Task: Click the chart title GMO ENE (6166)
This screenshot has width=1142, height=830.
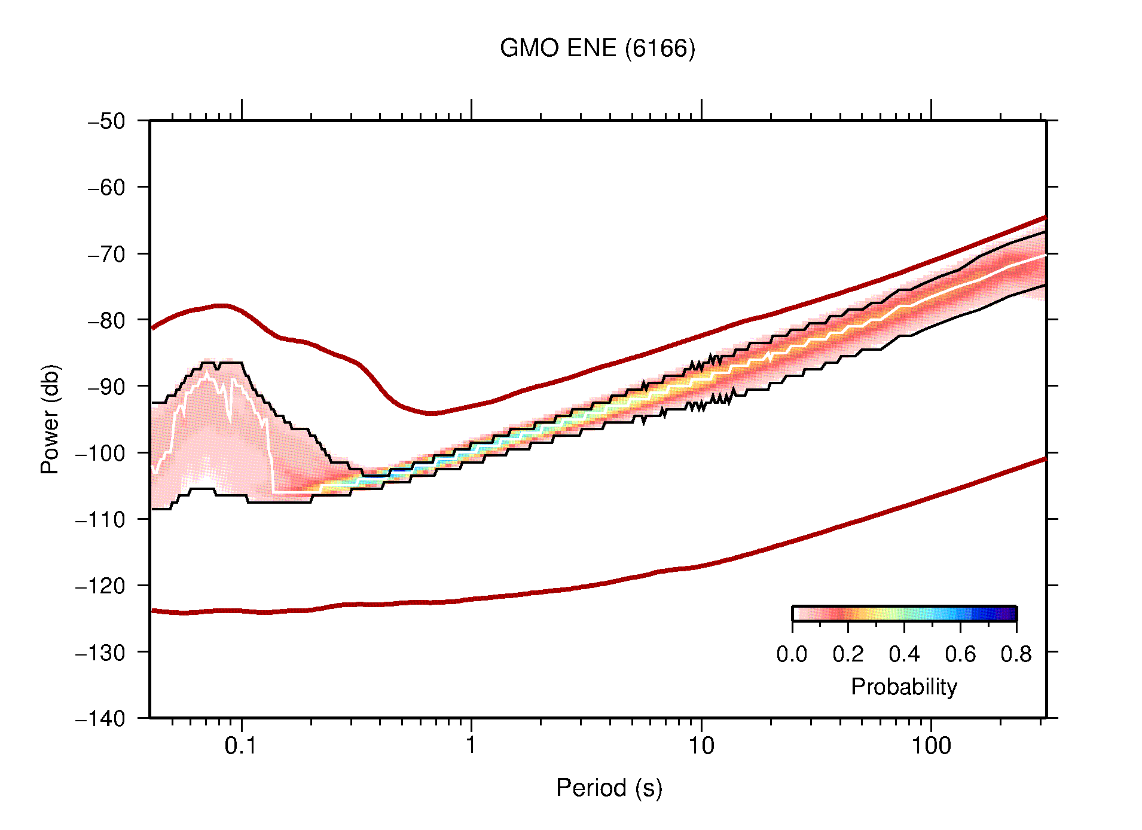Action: point(597,48)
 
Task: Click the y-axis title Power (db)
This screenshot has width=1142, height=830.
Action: point(50,419)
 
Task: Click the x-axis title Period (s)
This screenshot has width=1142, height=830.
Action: point(609,788)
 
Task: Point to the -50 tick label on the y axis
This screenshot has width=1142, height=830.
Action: point(106,121)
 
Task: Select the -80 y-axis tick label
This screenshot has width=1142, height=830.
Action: point(106,320)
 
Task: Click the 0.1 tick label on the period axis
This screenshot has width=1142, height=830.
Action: point(240,746)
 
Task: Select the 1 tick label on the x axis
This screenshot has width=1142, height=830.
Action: point(471,746)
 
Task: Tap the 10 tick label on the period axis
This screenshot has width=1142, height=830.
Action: point(701,746)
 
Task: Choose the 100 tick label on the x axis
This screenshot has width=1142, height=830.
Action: point(930,746)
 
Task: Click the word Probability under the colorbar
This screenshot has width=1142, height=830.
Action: point(903,687)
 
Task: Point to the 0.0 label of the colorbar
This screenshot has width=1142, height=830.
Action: point(792,654)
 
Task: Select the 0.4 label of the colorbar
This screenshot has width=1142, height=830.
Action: point(904,654)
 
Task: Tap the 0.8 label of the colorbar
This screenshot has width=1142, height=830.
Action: point(1016,654)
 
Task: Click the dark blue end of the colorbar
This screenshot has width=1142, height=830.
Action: point(1010,614)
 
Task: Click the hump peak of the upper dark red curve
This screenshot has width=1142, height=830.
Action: point(221,306)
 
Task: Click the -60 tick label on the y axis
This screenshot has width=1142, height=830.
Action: point(106,188)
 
